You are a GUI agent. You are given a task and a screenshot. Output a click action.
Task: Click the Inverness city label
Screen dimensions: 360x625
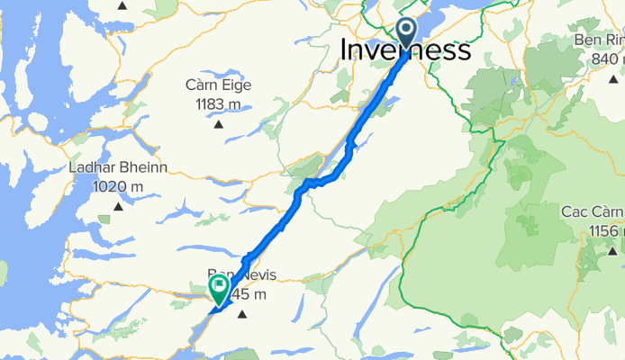click(405, 50)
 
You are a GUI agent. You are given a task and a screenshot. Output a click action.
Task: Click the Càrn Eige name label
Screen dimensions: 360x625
click(219, 86)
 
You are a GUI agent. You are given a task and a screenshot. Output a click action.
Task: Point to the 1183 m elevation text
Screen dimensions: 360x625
click(219, 103)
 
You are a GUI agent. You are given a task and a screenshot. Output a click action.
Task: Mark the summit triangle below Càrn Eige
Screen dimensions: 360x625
click(219, 123)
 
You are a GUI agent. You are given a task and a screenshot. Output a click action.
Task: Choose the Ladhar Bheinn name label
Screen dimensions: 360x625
click(117, 168)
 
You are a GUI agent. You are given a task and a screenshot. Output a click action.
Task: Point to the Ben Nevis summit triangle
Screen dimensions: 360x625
click(240, 313)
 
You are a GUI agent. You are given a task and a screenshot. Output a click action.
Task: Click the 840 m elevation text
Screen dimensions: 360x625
click(602, 58)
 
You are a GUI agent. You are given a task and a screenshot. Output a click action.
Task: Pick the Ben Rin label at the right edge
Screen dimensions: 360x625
click(602, 40)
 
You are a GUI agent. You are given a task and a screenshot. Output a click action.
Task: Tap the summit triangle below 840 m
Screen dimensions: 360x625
click(602, 78)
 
